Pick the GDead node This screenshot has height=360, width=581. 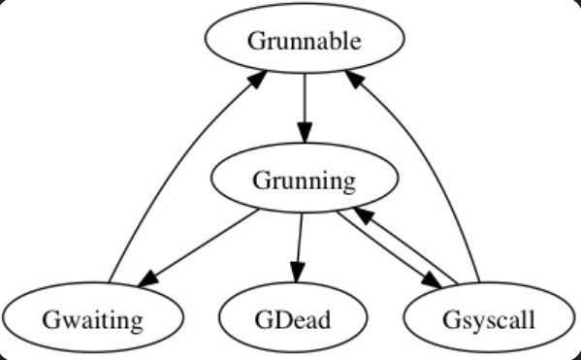pyautogui.click(x=293, y=317)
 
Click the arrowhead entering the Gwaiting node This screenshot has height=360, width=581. pyautogui.click(x=147, y=278)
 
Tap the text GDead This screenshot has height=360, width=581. pyautogui.click(x=293, y=317)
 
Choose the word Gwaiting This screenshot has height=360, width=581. pyautogui.click(x=94, y=317)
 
